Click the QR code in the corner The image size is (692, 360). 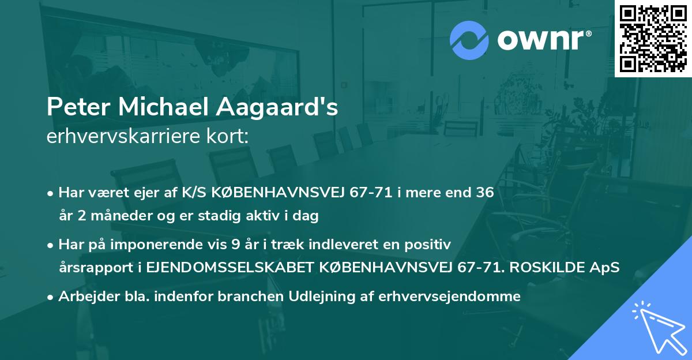(652, 38)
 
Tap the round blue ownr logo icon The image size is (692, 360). (469, 40)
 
